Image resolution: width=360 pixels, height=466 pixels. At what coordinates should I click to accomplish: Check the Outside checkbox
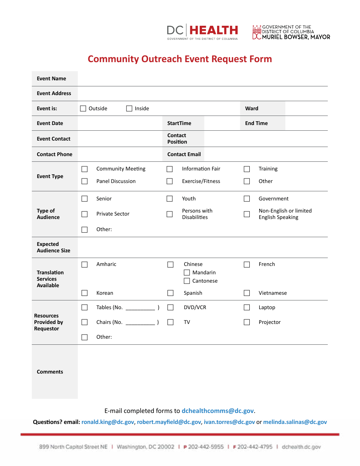(83, 108)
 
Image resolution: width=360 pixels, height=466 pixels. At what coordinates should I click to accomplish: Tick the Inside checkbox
(129, 108)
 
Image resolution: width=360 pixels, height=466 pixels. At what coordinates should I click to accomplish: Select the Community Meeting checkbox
(85, 169)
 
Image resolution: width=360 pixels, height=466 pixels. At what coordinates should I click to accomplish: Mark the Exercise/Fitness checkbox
(170, 181)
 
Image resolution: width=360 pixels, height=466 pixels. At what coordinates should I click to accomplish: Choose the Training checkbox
(247, 169)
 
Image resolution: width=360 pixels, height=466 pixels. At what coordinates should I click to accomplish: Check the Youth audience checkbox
(170, 199)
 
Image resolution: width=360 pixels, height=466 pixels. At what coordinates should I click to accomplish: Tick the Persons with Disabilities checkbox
(170, 214)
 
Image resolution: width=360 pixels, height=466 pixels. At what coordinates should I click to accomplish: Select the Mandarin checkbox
(187, 272)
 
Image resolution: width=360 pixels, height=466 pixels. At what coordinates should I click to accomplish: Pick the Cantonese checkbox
(187, 281)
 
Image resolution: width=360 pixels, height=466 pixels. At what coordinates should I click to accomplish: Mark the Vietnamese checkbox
(247, 293)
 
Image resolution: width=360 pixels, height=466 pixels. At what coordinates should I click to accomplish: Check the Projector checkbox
(247, 322)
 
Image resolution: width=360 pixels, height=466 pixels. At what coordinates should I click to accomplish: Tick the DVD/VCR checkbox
(171, 307)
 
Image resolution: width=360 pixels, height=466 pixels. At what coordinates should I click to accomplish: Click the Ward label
(252, 108)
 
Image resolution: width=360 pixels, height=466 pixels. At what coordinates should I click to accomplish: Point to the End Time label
(256, 123)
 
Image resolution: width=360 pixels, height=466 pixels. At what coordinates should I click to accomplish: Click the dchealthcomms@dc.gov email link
(218, 411)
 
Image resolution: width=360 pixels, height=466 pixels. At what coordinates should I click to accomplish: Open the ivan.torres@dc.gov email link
(229, 422)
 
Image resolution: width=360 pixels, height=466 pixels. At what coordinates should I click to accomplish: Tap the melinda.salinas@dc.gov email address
(295, 422)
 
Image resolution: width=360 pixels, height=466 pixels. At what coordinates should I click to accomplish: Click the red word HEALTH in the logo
(214, 30)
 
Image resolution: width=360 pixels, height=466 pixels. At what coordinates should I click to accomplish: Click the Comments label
(50, 372)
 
